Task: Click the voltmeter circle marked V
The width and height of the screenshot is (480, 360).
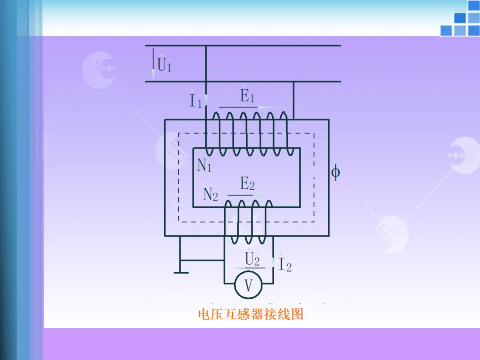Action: coord(248,285)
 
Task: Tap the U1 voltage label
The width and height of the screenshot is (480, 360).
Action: coord(164,65)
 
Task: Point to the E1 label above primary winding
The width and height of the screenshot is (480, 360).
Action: coord(248,96)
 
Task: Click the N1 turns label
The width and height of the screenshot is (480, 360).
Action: coord(204,165)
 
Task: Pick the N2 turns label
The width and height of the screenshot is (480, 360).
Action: coord(211,194)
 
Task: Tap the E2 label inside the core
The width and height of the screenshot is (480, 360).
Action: coord(248,183)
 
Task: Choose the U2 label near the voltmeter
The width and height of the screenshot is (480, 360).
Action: coord(252,259)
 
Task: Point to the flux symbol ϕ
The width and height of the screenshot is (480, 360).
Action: coord(335,172)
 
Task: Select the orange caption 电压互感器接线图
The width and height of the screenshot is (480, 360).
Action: coord(250,315)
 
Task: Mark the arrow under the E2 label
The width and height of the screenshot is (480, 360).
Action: coord(247,195)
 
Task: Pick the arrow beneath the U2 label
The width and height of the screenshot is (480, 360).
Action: coord(249,268)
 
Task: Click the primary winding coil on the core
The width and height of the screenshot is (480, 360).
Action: coord(249,133)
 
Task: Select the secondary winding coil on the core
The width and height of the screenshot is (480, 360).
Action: coord(248,221)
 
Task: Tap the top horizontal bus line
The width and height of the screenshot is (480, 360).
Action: coord(243,45)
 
